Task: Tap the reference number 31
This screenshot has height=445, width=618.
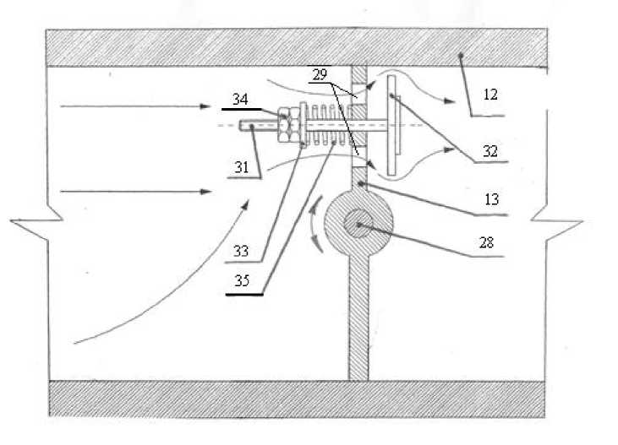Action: pos(241,166)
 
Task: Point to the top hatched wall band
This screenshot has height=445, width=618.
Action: pos(295,47)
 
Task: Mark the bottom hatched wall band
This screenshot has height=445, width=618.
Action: pos(295,399)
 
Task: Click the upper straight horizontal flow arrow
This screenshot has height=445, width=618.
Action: pos(135,107)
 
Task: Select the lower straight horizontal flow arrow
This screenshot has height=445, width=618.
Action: pos(135,193)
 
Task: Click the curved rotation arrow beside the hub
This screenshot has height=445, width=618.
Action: pos(314,224)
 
